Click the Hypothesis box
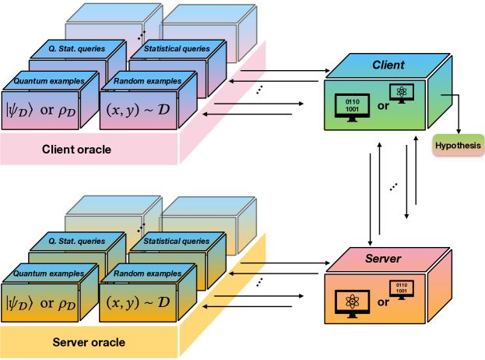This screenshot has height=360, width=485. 458,146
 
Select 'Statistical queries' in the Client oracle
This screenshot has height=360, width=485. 177,48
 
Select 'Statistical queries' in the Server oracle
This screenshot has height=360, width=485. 177,242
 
